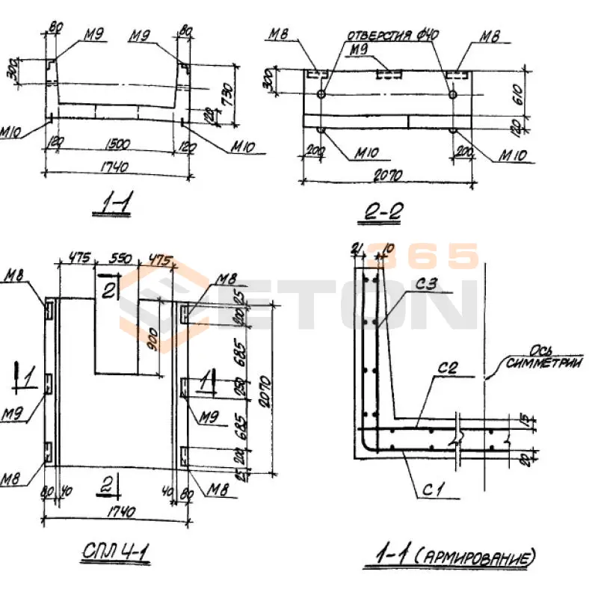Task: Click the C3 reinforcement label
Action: (x=427, y=284)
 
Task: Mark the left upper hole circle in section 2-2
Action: (x=321, y=95)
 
